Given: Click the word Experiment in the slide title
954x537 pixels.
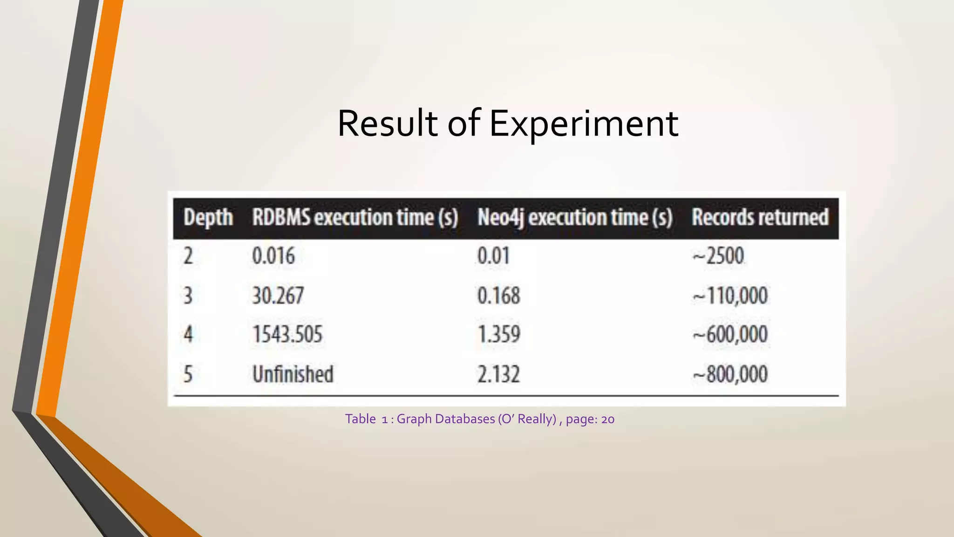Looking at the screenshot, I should (x=584, y=124).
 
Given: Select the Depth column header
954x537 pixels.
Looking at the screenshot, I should (x=208, y=218).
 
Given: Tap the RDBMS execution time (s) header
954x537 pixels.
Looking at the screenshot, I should (x=355, y=218).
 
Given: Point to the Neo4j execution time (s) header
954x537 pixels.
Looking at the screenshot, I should (x=575, y=218).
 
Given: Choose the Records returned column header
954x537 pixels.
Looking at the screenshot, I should (x=760, y=218).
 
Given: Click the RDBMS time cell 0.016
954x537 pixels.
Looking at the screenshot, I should (x=273, y=256).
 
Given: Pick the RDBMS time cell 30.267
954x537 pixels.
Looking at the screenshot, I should (x=278, y=296).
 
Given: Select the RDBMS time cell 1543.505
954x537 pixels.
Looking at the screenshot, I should (x=287, y=334).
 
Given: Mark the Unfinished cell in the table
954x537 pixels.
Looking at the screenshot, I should (x=293, y=374).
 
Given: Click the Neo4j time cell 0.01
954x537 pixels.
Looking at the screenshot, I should (x=493, y=256).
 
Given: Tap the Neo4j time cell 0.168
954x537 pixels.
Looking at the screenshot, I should (x=498, y=296).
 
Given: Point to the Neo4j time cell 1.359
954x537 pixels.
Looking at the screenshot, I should (x=498, y=334).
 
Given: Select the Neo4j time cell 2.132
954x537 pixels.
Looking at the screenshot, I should (x=498, y=374).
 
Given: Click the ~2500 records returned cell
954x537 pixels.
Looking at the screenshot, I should (x=718, y=256).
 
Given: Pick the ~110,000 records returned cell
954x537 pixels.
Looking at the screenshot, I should (x=730, y=296).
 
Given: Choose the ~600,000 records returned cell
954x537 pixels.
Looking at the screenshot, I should (x=730, y=334).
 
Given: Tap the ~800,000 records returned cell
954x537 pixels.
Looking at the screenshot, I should (x=730, y=374).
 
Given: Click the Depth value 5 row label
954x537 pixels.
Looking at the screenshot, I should (x=188, y=374).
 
